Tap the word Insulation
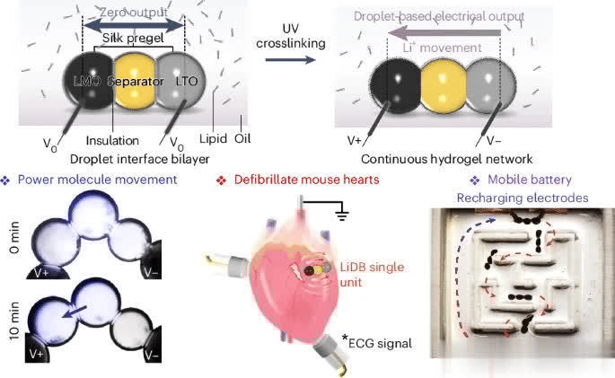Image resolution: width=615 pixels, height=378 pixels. coord(114,140)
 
